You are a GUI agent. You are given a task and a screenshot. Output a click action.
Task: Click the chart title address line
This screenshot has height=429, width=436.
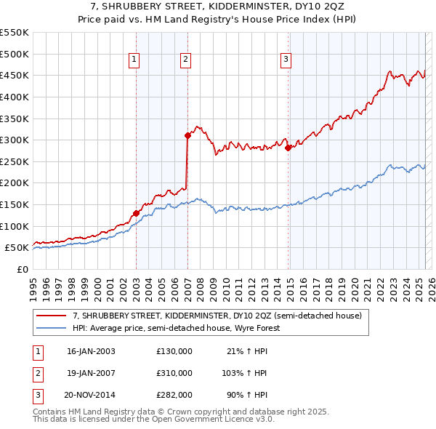(218, 7)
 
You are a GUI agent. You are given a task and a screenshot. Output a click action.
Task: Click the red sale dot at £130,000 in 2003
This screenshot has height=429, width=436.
(136, 213)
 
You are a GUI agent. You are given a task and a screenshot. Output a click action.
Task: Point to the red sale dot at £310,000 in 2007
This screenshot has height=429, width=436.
(187, 135)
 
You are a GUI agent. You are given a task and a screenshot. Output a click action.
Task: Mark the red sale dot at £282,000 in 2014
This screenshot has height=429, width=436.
(288, 148)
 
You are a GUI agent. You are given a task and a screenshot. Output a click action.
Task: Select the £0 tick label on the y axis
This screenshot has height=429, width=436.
(22, 269)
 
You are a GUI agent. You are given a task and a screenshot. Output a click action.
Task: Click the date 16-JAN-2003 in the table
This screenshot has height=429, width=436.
(91, 351)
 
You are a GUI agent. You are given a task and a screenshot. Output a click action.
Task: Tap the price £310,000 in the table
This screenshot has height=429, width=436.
(174, 373)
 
